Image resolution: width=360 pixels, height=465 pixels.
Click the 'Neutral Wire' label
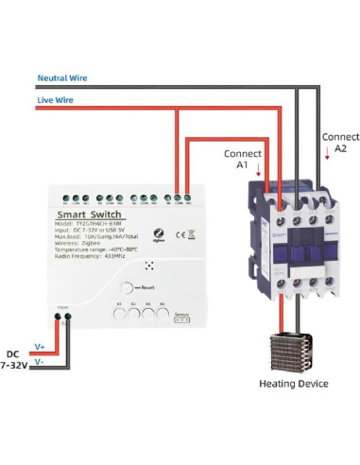tap(63, 77)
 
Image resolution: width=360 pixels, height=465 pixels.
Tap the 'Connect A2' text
tap(341, 143)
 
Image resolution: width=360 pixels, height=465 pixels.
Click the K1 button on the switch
tap(120, 315)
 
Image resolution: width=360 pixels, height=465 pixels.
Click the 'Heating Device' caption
tap(294, 384)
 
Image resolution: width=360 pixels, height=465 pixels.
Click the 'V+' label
tap(40, 348)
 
